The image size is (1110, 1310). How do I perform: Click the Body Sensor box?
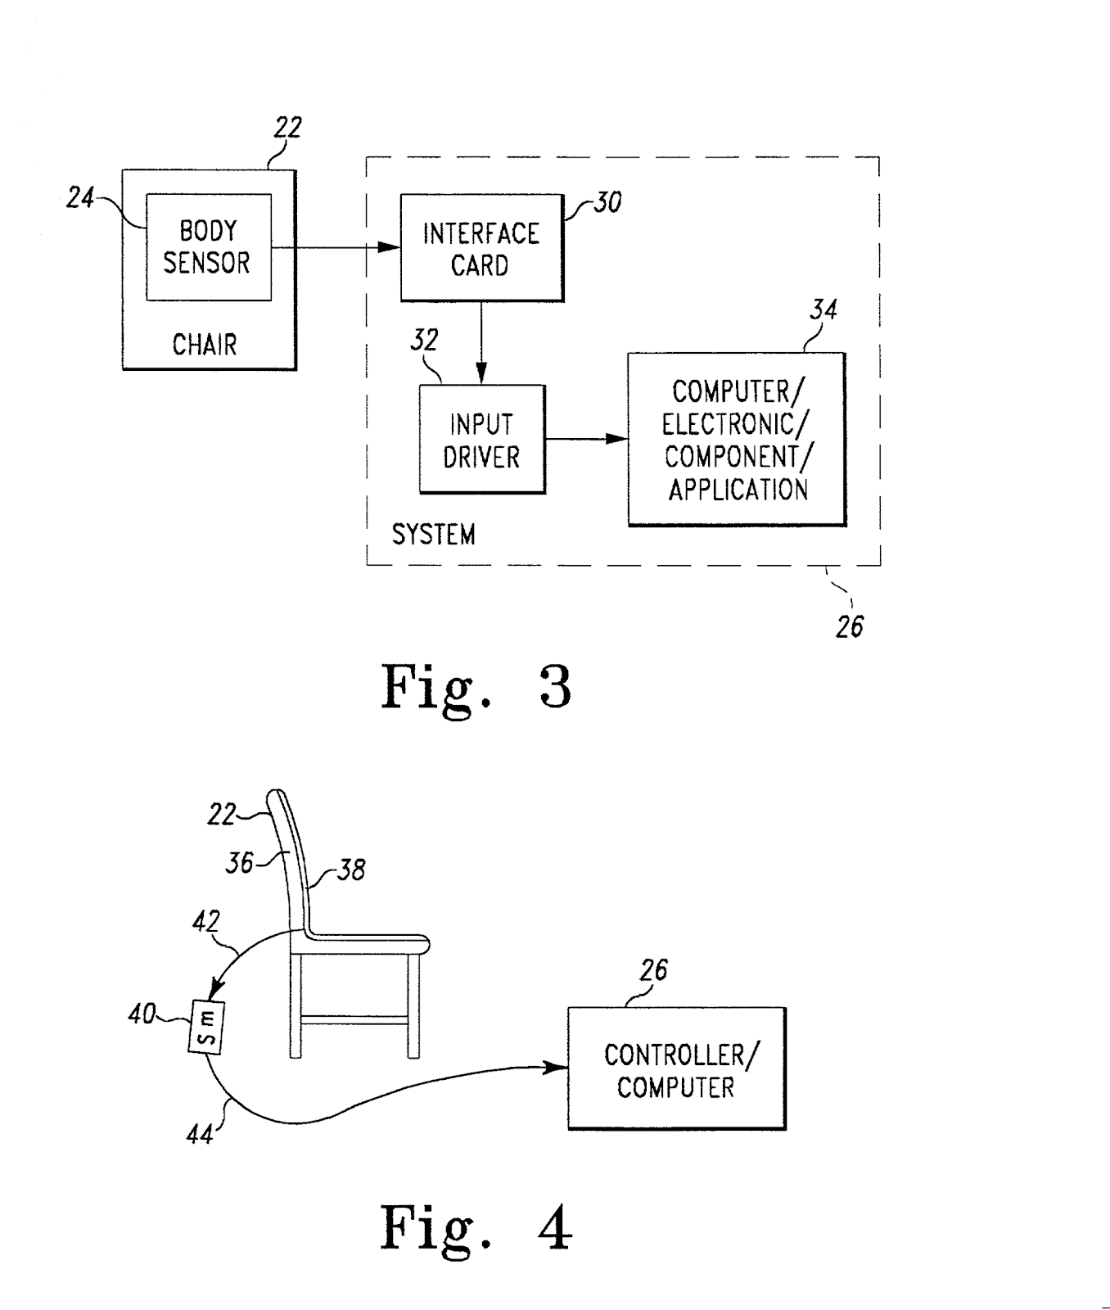(x=208, y=246)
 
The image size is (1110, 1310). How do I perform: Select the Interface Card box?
(x=481, y=248)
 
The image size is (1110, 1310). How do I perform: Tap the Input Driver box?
(x=481, y=439)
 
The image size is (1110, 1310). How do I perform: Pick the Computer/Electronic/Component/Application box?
(x=736, y=439)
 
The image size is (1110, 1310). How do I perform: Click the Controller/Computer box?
(x=676, y=1069)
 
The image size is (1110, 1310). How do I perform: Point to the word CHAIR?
(x=205, y=345)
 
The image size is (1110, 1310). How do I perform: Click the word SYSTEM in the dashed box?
(x=433, y=535)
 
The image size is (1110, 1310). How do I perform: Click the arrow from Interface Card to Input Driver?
(x=481, y=343)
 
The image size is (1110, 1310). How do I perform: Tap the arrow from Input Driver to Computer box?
(x=586, y=439)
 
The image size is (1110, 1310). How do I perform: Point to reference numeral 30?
(x=607, y=202)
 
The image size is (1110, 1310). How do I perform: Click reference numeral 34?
(x=823, y=309)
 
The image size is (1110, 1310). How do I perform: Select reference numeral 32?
(x=424, y=340)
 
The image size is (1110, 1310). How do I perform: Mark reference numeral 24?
(x=80, y=197)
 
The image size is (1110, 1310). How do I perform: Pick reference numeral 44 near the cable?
(x=200, y=1134)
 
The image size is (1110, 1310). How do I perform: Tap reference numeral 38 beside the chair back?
(x=351, y=870)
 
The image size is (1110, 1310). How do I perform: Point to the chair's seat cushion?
(x=368, y=942)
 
